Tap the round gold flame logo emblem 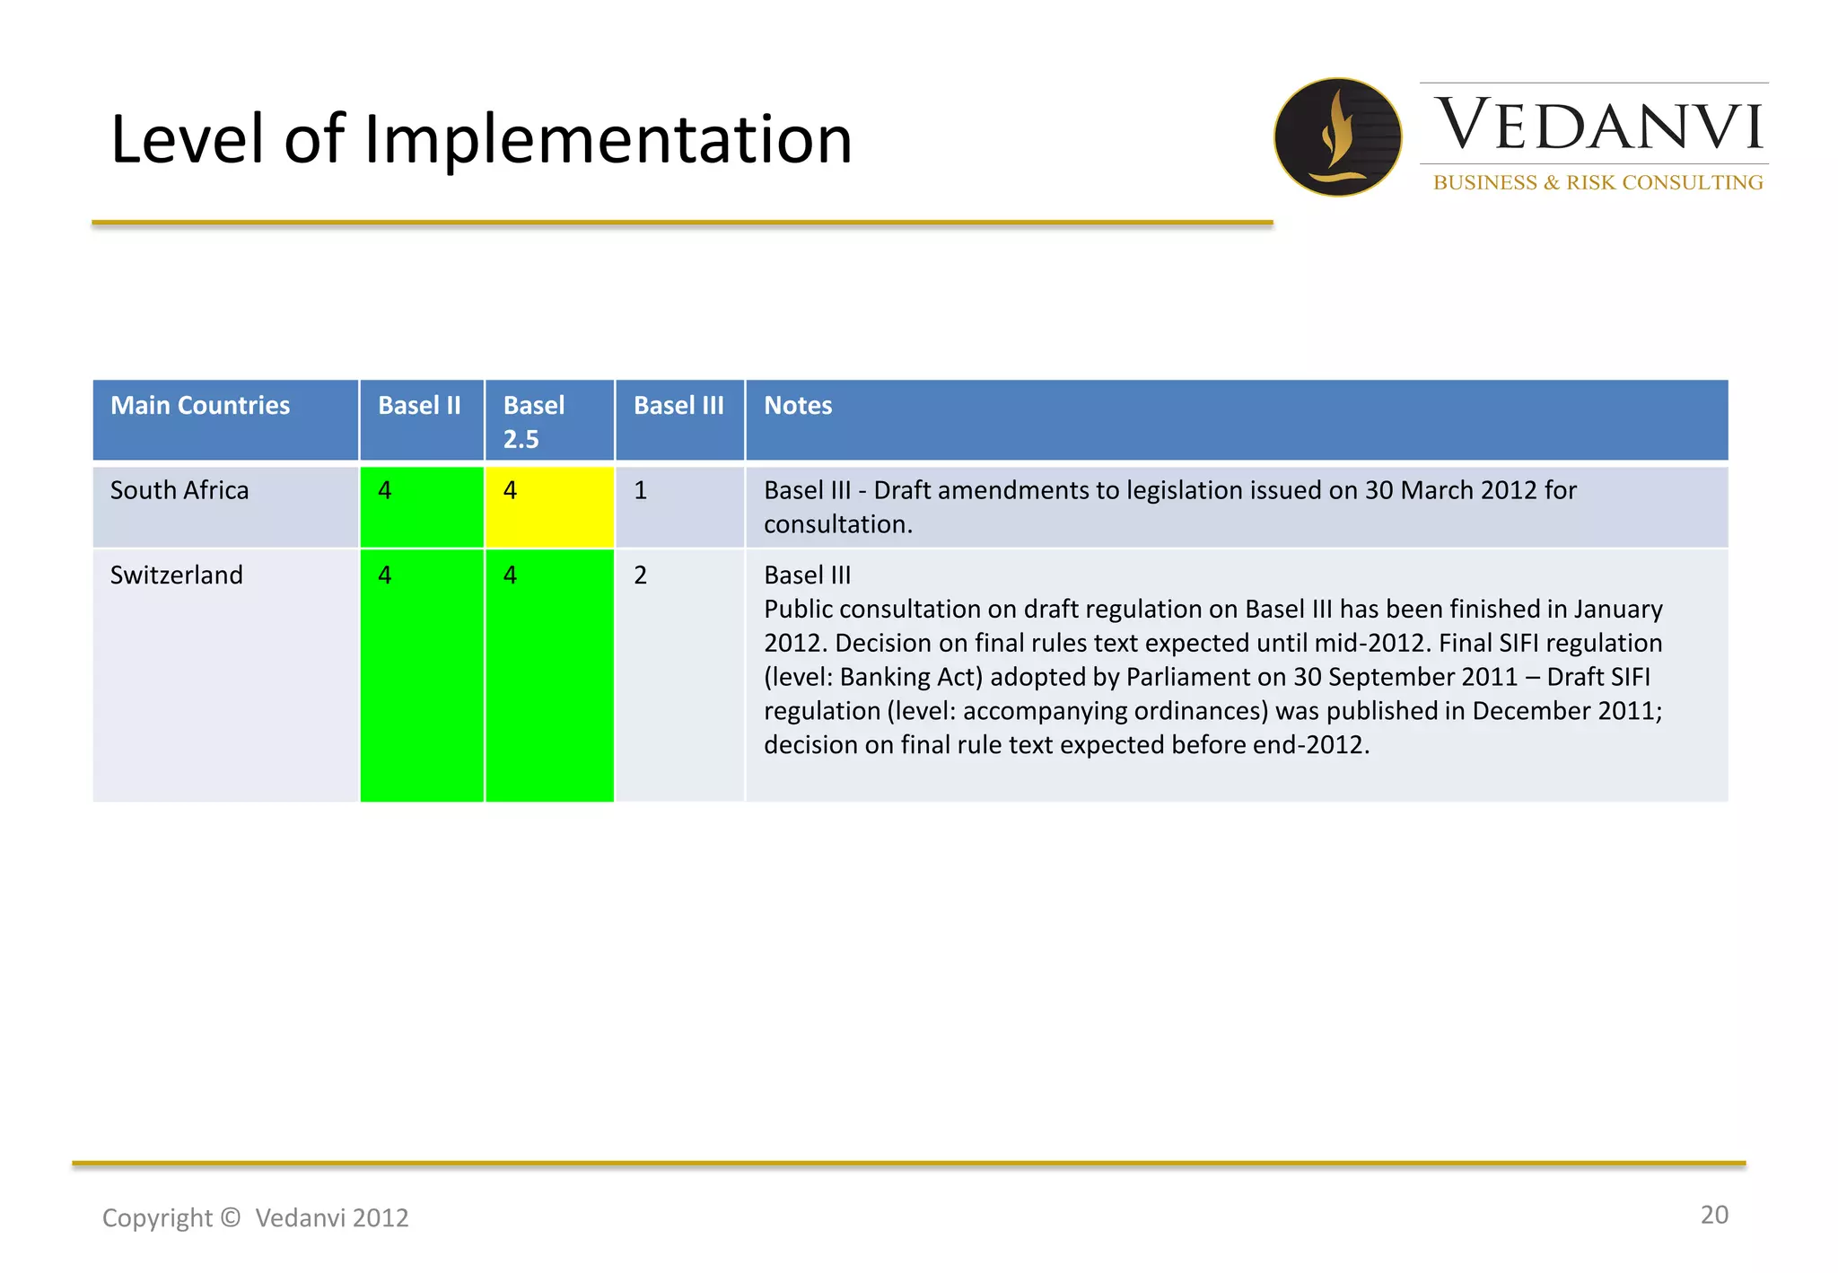pos(1337,136)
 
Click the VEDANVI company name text pos(1598,126)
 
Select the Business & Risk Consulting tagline pos(1597,182)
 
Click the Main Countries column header pos(200,406)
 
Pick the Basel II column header pos(419,406)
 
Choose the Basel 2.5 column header pos(534,421)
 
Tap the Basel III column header pos(678,406)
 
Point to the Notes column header pos(798,406)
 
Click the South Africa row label pos(179,490)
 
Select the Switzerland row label pos(177,575)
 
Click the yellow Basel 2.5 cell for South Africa pos(549,507)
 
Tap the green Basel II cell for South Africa pos(422,507)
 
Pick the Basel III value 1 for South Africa pos(640,490)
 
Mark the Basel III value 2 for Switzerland pos(640,575)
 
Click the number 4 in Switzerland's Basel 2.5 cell pos(510,575)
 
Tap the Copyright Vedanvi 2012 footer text pos(256,1217)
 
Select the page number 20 pos(1713,1215)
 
